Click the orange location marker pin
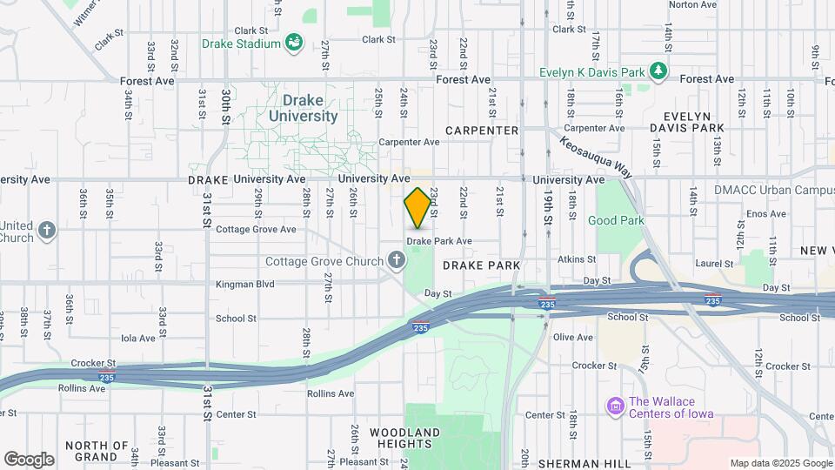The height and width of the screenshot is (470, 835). pyautogui.click(x=417, y=208)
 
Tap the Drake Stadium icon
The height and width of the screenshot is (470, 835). pyautogui.click(x=294, y=43)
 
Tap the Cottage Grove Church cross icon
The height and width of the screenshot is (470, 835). pyautogui.click(x=396, y=259)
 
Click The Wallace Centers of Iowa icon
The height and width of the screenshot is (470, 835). pyautogui.click(x=615, y=406)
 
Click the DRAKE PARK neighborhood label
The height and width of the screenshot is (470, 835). pyautogui.click(x=481, y=265)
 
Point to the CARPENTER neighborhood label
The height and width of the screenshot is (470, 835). pyautogui.click(x=482, y=131)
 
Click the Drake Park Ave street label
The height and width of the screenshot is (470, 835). pyautogui.click(x=439, y=241)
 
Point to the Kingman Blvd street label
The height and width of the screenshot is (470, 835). pyautogui.click(x=245, y=284)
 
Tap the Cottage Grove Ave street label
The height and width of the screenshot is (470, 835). pyautogui.click(x=256, y=230)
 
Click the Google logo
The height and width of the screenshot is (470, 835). pyautogui.click(x=29, y=460)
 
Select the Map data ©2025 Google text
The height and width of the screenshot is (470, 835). pyautogui.click(x=780, y=464)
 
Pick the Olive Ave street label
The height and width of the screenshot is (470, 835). pyautogui.click(x=573, y=338)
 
